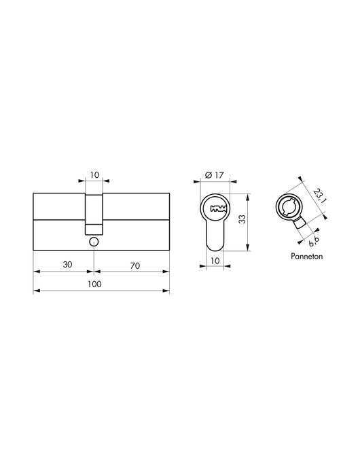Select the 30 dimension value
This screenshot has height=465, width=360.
[x=67, y=265]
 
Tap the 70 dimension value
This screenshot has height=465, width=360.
[x=134, y=265]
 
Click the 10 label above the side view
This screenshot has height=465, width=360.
[x=94, y=174]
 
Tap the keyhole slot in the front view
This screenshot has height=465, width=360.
[x=217, y=208]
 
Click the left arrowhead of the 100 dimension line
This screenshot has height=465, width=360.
[x=36, y=291]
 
